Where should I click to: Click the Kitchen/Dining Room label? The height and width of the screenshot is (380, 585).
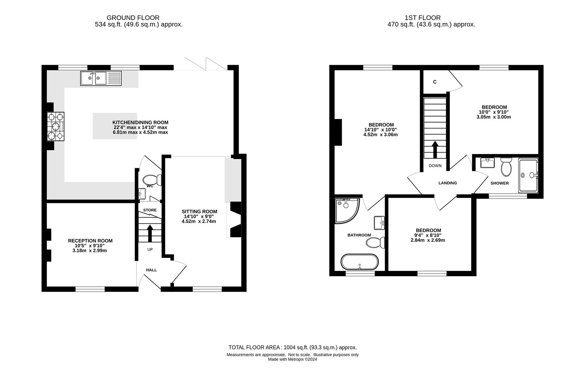pyautogui.click(x=140, y=122)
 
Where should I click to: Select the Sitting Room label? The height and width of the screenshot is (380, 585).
pyautogui.click(x=199, y=211)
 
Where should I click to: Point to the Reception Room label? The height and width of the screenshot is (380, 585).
pyautogui.click(x=90, y=241)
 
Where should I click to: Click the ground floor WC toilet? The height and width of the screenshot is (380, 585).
pyautogui.click(x=153, y=180)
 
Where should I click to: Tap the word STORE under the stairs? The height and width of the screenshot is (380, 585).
pyautogui.click(x=150, y=210)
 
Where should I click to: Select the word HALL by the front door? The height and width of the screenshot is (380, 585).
pyautogui.click(x=151, y=270)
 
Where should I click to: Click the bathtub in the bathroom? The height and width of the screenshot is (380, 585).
pyautogui.click(x=360, y=262)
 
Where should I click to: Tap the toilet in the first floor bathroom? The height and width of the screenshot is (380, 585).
pyautogui.click(x=375, y=242)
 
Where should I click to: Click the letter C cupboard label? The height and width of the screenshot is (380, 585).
pyautogui.click(x=435, y=82)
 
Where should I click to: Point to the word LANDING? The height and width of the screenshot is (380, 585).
pyautogui.click(x=447, y=183)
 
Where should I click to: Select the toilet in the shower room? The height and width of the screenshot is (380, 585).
pyautogui.click(x=506, y=167)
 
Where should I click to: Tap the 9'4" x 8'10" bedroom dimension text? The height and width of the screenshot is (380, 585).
pyautogui.click(x=428, y=235)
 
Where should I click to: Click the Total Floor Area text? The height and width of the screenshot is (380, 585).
pyautogui.click(x=292, y=347)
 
